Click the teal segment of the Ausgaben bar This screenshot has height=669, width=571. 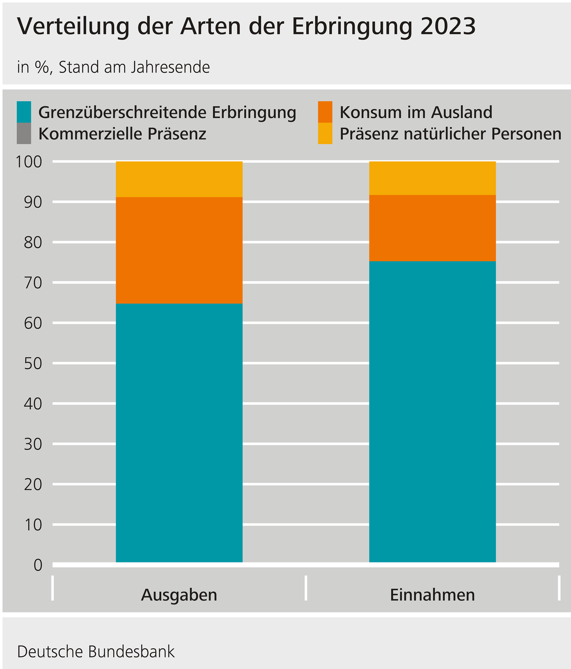(179, 433)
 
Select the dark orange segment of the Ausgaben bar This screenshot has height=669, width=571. (179, 250)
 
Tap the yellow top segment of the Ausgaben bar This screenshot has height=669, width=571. (179, 179)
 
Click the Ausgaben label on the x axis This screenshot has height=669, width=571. (179, 595)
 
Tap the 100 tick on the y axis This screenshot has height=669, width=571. (29, 162)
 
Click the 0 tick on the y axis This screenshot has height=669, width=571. (38, 565)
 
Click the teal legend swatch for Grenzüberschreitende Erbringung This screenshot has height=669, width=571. (24, 112)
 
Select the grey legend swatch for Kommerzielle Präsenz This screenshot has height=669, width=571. (24, 133)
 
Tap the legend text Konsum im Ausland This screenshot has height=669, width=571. (416, 112)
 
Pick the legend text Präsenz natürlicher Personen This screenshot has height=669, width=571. (450, 134)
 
